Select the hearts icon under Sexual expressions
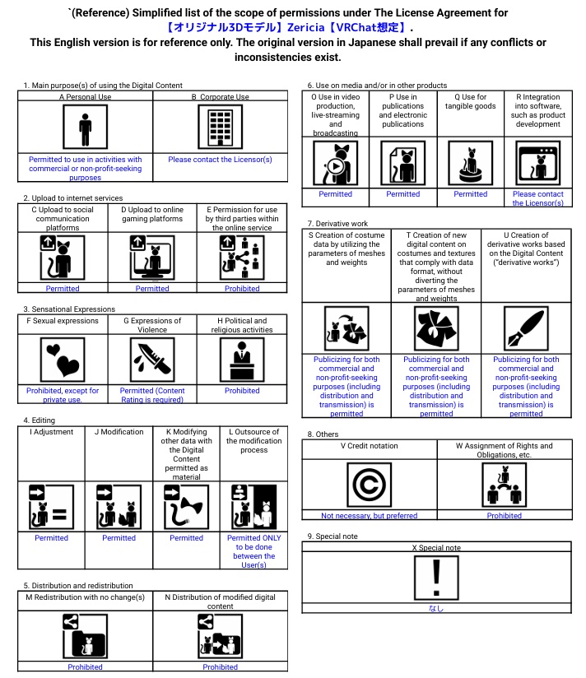point(63,360)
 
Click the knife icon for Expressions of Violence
point(152,360)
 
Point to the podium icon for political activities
point(242,360)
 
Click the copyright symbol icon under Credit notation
point(369,485)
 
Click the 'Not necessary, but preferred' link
point(369,516)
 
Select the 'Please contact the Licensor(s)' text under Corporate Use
point(220,160)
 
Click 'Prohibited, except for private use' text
point(63,395)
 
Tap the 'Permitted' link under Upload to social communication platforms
point(63,289)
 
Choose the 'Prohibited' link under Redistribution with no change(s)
point(85,667)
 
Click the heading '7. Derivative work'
point(337,224)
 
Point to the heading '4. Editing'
point(40,420)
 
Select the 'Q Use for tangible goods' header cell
point(470,101)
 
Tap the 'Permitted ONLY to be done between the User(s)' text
point(253,551)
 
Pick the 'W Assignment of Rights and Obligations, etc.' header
point(504,450)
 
